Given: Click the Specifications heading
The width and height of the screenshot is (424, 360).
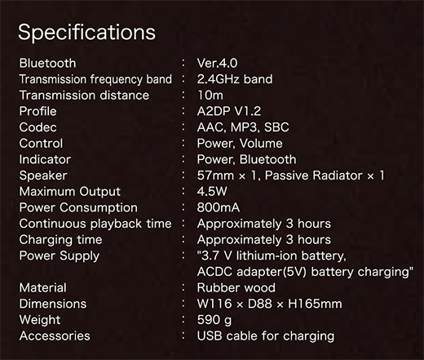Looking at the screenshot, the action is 86,33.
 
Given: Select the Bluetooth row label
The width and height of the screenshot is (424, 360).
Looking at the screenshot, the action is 47,63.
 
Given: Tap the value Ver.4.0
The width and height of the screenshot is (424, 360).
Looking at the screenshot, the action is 217,63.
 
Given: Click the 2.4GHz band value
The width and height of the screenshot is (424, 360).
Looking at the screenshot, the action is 235,79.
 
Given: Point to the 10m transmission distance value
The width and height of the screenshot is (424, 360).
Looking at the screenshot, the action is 210,96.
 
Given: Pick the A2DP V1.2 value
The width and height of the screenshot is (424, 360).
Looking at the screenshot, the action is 229,111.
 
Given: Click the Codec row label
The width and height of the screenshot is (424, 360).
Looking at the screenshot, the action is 38,127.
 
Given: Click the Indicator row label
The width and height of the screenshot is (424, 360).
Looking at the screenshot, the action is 45,159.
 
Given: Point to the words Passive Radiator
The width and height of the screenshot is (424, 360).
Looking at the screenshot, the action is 313,176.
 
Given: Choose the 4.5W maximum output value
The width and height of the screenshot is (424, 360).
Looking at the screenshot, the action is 212,191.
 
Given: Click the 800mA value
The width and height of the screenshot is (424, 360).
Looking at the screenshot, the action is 219,207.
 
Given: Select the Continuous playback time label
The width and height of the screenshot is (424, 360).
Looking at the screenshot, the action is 95,224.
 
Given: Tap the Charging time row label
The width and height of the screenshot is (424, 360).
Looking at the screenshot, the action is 60,240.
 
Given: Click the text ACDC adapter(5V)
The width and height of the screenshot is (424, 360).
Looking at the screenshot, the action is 252,272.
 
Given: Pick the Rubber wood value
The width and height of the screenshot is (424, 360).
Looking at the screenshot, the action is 236,287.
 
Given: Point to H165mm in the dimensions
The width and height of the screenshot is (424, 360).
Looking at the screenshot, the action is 315,304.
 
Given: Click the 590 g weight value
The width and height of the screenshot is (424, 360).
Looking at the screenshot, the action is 214,320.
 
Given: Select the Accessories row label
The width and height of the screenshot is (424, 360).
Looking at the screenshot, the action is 55,336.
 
